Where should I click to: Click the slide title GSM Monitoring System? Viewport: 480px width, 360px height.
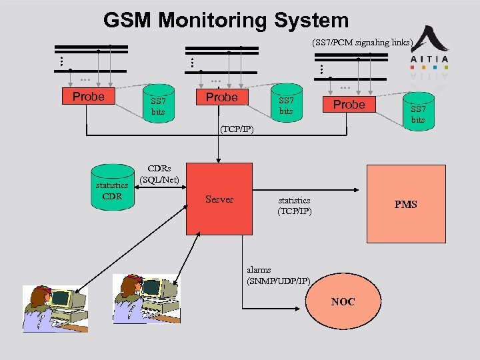coord(226,21)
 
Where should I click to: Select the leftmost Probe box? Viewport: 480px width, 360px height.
coord(88,97)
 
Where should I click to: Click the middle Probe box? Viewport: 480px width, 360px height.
coord(221,97)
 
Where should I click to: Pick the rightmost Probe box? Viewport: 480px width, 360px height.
coord(349,105)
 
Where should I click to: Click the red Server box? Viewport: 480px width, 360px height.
coord(219,199)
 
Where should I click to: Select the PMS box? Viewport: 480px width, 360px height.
coord(405,204)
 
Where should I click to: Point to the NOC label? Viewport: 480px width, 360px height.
coord(343,302)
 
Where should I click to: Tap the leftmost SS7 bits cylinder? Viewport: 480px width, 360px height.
coord(157,105)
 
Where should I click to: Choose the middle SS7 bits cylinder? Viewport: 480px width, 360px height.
coord(285,105)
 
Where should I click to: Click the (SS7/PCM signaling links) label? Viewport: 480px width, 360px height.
coord(363,43)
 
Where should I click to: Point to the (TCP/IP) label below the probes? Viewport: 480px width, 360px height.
coord(236,128)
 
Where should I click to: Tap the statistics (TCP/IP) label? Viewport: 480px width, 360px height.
coord(294,205)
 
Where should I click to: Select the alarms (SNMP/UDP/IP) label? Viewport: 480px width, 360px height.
coord(278,275)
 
